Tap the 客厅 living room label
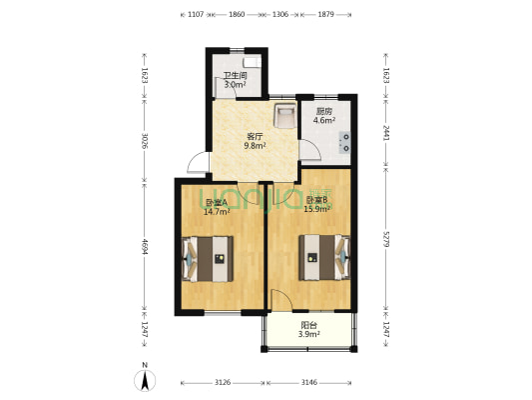[x=256, y=137]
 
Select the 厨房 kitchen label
[x=323, y=111]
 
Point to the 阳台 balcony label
[x=309, y=325]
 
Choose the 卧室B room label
[x=316, y=201]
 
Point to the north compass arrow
[x=145, y=379]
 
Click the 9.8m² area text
[x=256, y=147]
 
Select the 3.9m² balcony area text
[x=309, y=335]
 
